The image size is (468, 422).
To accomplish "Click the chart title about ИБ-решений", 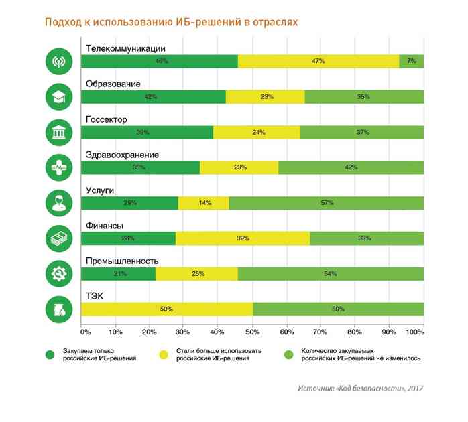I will [171, 23].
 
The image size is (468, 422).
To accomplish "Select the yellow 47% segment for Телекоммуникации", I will [318, 62].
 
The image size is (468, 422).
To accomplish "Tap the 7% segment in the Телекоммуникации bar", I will [411, 62].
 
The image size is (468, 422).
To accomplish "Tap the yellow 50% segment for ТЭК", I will [166, 309].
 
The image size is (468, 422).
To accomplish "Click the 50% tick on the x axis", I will [252, 331].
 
